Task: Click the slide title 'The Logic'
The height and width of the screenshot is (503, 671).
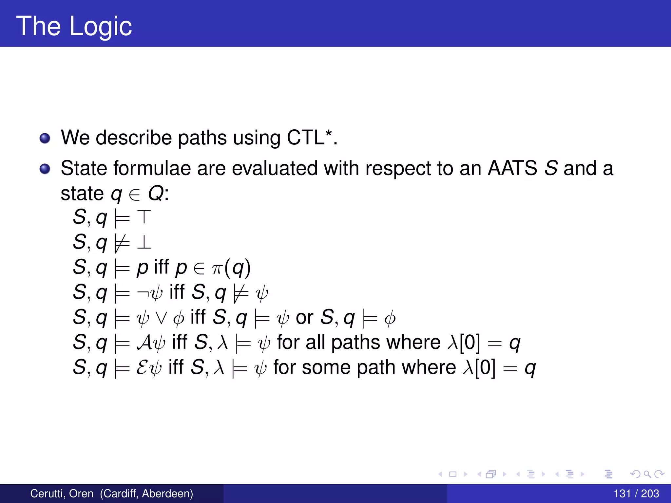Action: tap(74, 26)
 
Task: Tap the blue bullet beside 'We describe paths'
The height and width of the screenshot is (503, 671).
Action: tap(45, 139)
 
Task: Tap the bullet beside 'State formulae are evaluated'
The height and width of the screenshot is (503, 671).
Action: tap(45, 169)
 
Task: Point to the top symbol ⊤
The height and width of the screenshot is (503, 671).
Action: tap(144, 217)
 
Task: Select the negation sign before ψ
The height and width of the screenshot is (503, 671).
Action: tap(143, 292)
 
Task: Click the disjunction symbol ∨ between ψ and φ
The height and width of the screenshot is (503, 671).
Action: tap(161, 318)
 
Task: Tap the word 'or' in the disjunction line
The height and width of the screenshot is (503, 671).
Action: tap(304, 318)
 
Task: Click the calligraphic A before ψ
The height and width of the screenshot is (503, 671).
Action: tap(144, 343)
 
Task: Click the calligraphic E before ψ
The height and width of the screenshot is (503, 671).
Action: tap(143, 367)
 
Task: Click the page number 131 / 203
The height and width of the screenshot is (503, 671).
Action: tap(636, 494)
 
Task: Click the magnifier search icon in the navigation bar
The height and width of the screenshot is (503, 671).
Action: tap(647, 474)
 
